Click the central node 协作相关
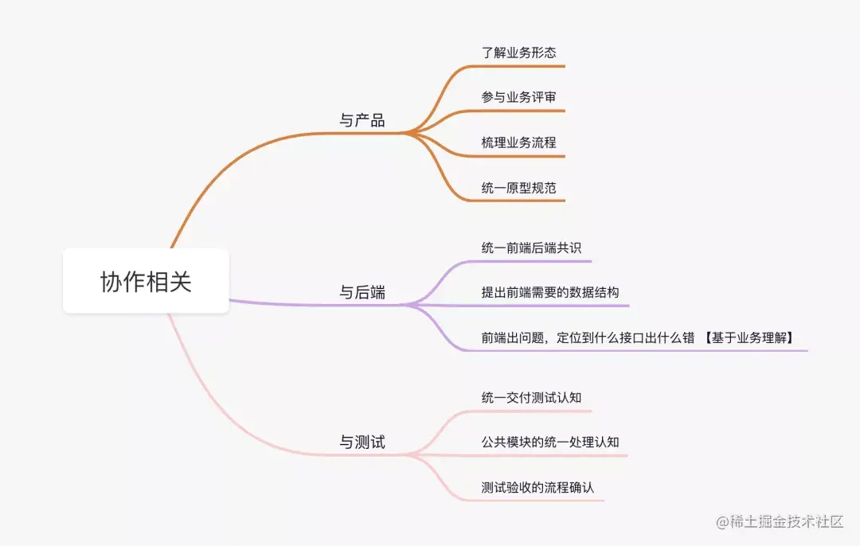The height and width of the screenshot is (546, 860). [x=146, y=281]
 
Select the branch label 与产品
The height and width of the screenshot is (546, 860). [x=362, y=120]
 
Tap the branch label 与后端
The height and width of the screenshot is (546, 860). [x=362, y=292]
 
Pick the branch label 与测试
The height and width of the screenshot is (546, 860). [x=362, y=442]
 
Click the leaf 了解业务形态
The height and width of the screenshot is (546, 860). [x=518, y=53]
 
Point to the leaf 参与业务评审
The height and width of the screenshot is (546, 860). [x=518, y=98]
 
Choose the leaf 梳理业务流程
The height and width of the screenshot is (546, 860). [x=518, y=142]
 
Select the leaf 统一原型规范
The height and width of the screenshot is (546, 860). [x=518, y=189]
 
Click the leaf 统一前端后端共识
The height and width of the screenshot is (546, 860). [x=531, y=248]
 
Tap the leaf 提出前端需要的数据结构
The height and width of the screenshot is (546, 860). [x=550, y=292]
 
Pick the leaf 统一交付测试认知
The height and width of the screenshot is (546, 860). [x=531, y=397]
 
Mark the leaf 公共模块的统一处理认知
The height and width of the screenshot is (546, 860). [x=550, y=442]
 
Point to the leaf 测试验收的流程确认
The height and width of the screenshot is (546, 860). [x=537, y=487]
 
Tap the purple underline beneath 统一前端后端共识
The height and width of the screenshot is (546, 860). [x=541, y=261]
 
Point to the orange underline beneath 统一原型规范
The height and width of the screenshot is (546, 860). [x=526, y=201]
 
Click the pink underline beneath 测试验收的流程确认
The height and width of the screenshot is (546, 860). [x=549, y=501]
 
